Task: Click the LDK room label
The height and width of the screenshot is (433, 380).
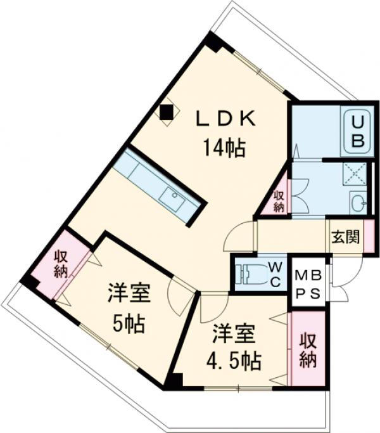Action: [x=225, y=119]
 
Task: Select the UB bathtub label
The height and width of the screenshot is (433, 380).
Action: [x=357, y=130]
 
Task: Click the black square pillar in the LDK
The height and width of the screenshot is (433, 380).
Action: [x=167, y=113]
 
